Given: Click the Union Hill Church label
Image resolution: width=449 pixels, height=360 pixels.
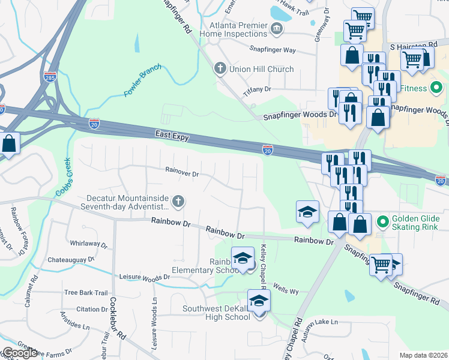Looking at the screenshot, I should pyautogui.click(x=262, y=69).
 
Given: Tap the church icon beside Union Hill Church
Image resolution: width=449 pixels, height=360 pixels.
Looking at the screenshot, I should pyautogui.click(x=220, y=69).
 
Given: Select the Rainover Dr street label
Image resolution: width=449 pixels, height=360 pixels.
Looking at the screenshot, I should pyautogui.click(x=182, y=173).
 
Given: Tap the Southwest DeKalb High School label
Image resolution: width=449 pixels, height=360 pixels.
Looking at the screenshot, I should pyautogui.click(x=217, y=313).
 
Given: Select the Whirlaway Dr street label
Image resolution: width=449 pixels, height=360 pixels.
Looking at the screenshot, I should pyautogui.click(x=88, y=245).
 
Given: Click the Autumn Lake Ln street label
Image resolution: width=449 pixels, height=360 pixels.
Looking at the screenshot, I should pyautogui.click(x=319, y=322).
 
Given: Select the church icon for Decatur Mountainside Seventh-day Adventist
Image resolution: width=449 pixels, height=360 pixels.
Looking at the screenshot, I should pyautogui.click(x=178, y=202).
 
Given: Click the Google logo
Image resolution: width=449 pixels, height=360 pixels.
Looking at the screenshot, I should pyautogui.click(x=20, y=353).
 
